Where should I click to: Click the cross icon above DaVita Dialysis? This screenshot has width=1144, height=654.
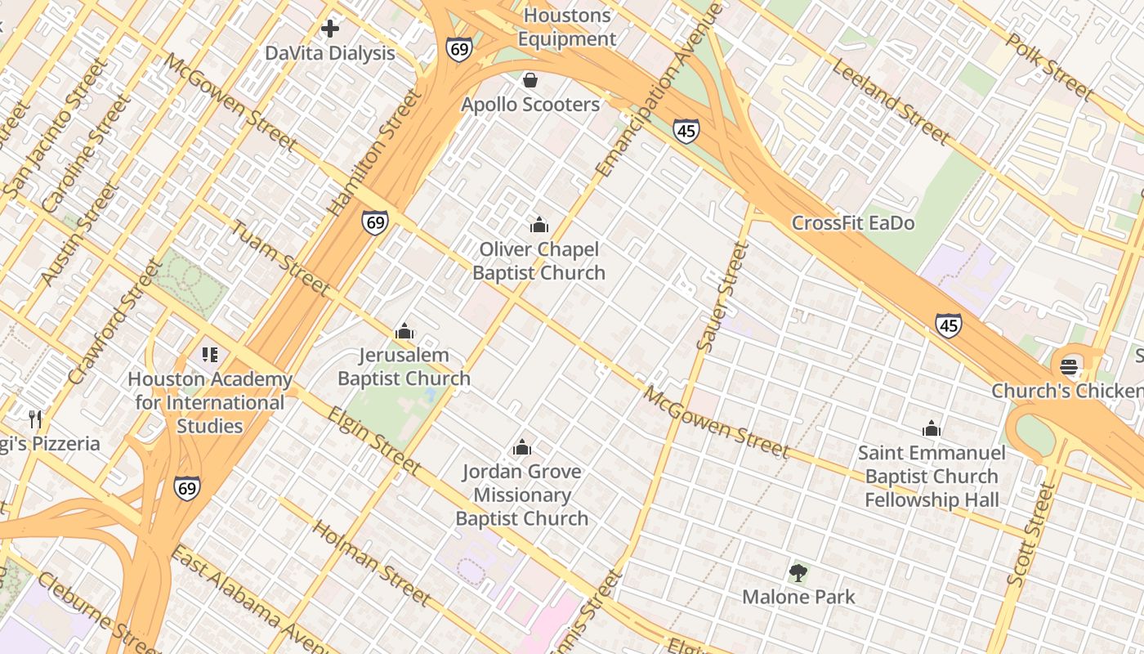[330, 29]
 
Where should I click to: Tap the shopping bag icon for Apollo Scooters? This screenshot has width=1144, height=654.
[530, 80]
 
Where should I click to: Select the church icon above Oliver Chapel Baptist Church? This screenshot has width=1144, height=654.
[539, 225]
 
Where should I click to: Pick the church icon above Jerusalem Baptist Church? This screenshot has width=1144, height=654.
[404, 331]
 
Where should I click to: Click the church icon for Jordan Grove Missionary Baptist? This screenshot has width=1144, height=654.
[522, 447]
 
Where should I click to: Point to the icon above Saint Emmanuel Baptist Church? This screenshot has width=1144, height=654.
[932, 428]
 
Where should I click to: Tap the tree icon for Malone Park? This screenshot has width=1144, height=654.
[798, 573]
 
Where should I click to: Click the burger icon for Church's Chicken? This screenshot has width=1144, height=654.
[1070, 366]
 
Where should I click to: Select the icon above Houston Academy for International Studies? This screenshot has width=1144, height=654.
[210, 355]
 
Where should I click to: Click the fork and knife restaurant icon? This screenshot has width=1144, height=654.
[35, 419]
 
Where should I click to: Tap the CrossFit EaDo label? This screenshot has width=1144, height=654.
[853, 223]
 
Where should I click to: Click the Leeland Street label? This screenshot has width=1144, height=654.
[892, 101]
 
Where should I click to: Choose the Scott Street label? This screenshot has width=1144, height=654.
[1032, 534]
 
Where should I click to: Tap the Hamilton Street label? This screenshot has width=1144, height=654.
[375, 153]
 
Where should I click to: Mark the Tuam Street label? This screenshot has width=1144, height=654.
[280, 258]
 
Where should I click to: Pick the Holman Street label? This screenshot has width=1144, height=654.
[372, 563]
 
